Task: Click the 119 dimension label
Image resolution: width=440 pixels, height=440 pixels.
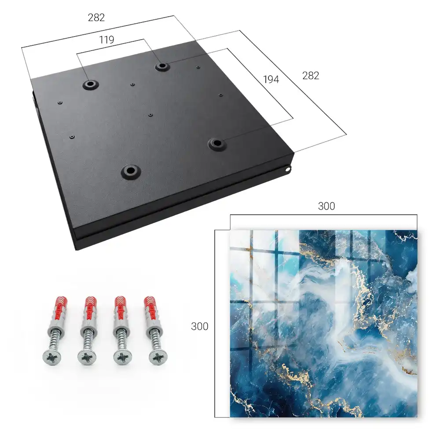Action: pyautogui.click(x=106, y=40)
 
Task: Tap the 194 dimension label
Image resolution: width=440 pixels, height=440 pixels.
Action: pyautogui.click(x=271, y=80)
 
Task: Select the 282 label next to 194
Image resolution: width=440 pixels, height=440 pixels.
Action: pyautogui.click(x=311, y=76)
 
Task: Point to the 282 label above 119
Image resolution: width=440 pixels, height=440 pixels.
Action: pyautogui.click(x=96, y=18)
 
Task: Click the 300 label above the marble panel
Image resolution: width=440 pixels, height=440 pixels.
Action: pyautogui.click(x=326, y=206)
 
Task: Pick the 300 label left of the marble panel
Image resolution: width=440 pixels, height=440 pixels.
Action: pyautogui.click(x=199, y=326)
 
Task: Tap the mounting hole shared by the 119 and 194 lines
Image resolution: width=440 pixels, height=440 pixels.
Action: pyautogui.click(x=161, y=66)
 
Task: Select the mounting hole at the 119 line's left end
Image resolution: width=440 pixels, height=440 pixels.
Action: pyautogui.click(x=90, y=84)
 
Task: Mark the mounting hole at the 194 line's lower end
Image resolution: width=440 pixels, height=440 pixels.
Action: pyautogui.click(x=217, y=144)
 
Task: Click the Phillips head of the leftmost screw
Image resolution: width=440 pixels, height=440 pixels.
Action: pyautogui.click(x=52, y=357)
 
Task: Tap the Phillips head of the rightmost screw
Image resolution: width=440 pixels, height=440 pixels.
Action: pyautogui.click(x=158, y=357)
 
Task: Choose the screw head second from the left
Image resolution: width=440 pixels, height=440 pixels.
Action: pyautogui.click(x=87, y=358)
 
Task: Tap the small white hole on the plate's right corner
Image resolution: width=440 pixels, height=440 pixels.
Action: pyautogui.click(x=288, y=169)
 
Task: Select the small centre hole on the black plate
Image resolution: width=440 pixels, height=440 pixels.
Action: pyautogui.click(x=150, y=115)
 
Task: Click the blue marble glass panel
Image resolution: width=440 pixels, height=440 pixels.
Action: pyautogui.click(x=323, y=323)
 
